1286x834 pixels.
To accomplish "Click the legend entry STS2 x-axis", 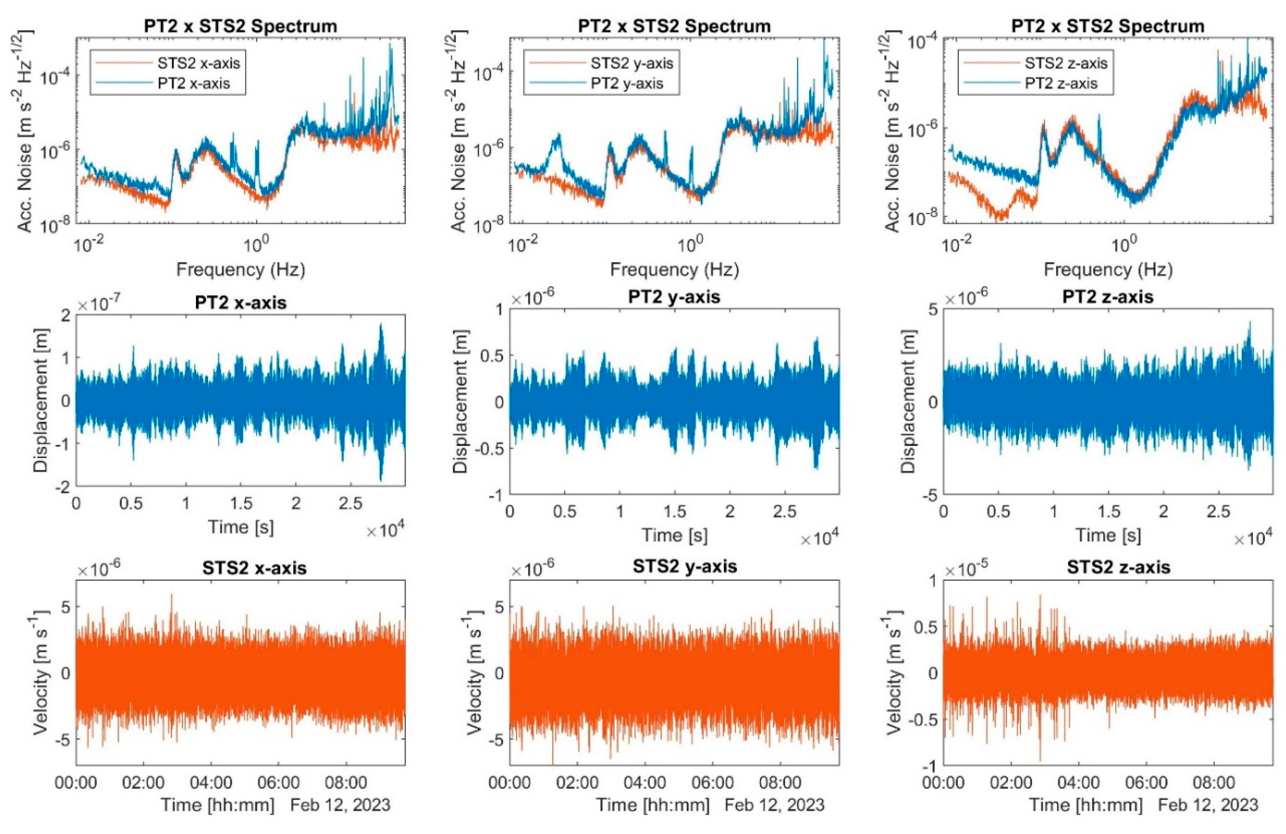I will pyautogui.click(x=198, y=63).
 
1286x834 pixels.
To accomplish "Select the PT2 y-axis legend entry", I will pyautogui.click(x=627, y=84).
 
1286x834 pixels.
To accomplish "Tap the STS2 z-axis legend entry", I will pyautogui.click(x=1066, y=63).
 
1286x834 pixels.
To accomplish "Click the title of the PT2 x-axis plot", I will pyautogui.click(x=240, y=302).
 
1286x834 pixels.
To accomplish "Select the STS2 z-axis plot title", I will pyautogui.click(x=1119, y=567).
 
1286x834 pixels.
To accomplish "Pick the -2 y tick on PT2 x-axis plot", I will pyautogui.click(x=61, y=486).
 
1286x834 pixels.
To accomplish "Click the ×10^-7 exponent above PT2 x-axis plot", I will pyautogui.click(x=98, y=305).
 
